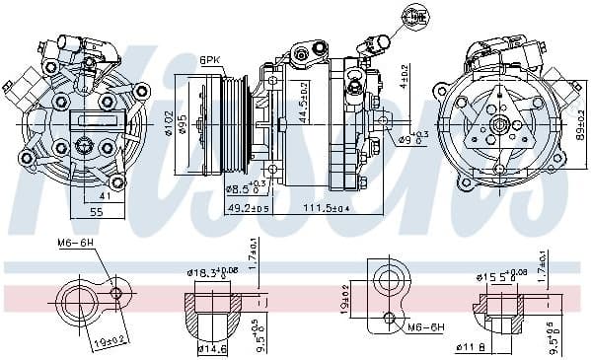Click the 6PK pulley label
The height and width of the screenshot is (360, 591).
211,59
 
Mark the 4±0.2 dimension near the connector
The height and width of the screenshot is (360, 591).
404,76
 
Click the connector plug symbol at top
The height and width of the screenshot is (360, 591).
412,17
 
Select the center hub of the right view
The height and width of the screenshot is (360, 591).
502,125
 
